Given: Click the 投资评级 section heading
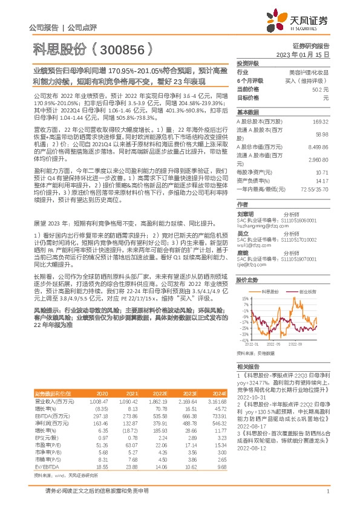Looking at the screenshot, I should pos(247,63).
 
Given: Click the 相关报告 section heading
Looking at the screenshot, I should pos(247,366).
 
